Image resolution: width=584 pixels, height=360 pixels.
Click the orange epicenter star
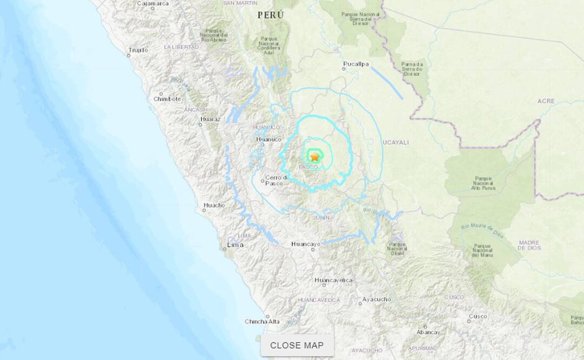[x=314, y=157]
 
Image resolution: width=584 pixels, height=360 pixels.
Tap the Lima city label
[x=235, y=245]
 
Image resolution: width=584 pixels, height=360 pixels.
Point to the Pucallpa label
[x=356, y=64]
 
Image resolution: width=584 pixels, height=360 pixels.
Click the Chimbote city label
[x=167, y=99]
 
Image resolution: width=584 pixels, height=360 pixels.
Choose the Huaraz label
[x=210, y=118]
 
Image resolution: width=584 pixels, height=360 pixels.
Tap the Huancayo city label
[x=306, y=244]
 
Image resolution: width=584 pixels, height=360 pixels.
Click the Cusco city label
[x=478, y=316]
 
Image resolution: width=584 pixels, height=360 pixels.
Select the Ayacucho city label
[x=377, y=299]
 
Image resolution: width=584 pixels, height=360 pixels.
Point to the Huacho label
[x=214, y=205]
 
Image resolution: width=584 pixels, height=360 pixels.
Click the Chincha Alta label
[x=262, y=322]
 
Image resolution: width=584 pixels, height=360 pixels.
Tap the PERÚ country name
[x=271, y=15]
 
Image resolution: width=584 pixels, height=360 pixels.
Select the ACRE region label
[x=546, y=101]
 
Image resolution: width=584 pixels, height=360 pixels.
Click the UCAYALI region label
[x=395, y=143]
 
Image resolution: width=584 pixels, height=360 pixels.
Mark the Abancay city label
[x=428, y=332]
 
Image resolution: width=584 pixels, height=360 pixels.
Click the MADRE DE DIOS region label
[x=529, y=245]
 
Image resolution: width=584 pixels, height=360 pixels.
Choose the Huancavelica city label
[x=333, y=280]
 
